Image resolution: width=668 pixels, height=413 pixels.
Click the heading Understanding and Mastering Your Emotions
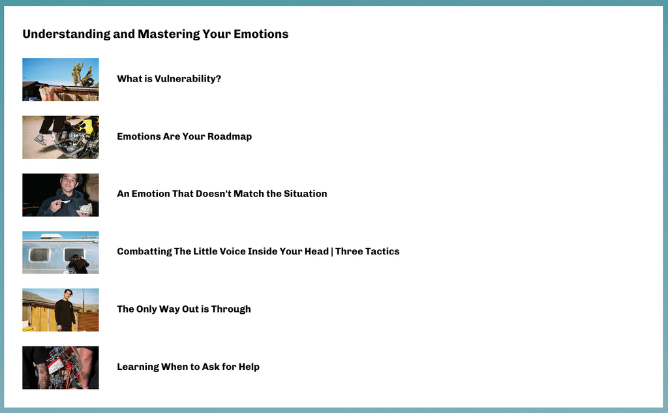(155, 34)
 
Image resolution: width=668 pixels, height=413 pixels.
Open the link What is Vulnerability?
(169, 79)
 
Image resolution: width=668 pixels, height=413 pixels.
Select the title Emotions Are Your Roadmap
(185, 136)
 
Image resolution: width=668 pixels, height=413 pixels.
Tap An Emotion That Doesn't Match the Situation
(222, 194)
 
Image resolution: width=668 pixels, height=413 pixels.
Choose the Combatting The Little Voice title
(258, 251)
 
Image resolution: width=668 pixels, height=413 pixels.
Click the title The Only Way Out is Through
(184, 309)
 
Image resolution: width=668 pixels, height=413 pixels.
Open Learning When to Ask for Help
(189, 367)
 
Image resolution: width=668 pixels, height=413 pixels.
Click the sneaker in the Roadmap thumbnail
(40, 139)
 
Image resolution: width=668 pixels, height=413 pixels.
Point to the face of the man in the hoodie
(68, 184)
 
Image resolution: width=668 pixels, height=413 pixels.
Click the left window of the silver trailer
(39, 254)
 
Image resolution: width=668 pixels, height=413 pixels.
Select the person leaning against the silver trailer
(78, 264)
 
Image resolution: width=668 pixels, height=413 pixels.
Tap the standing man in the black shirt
(65, 311)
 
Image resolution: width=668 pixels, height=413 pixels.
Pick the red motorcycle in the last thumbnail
(64, 367)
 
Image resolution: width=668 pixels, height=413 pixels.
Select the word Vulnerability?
(188, 79)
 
